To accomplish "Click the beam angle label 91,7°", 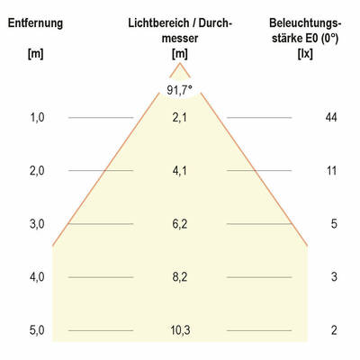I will tap(180, 90).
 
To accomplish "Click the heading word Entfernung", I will tap(36, 22).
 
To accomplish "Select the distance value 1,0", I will tap(37, 118).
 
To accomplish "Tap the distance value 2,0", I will tap(37, 171).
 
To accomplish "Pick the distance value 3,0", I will tap(37, 224).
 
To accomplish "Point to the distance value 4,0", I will tap(37, 277).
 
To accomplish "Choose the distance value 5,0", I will tap(37, 330).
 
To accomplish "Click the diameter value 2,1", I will tap(180, 118).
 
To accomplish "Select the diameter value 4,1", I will tap(180, 171).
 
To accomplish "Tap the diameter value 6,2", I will tap(180, 224).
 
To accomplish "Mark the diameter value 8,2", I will tap(180, 277).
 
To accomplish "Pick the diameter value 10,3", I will tap(180, 330).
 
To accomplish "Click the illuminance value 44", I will tap(331, 118).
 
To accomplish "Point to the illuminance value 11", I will tap(331, 171).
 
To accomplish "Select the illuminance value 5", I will tap(333, 224).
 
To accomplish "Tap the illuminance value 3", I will tap(333, 277).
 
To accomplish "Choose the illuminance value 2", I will tap(333, 330).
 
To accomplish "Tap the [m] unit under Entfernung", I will tap(36, 54).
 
